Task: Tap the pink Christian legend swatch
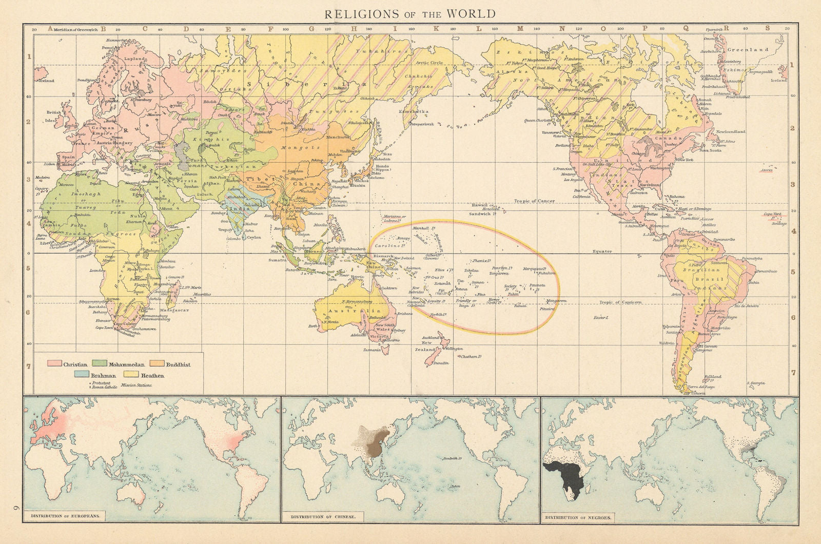pyautogui.click(x=54, y=364)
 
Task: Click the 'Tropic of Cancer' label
pyautogui.click(x=534, y=201)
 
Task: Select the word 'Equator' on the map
pyautogui.click(x=602, y=251)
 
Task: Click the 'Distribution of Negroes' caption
pyautogui.click(x=578, y=517)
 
